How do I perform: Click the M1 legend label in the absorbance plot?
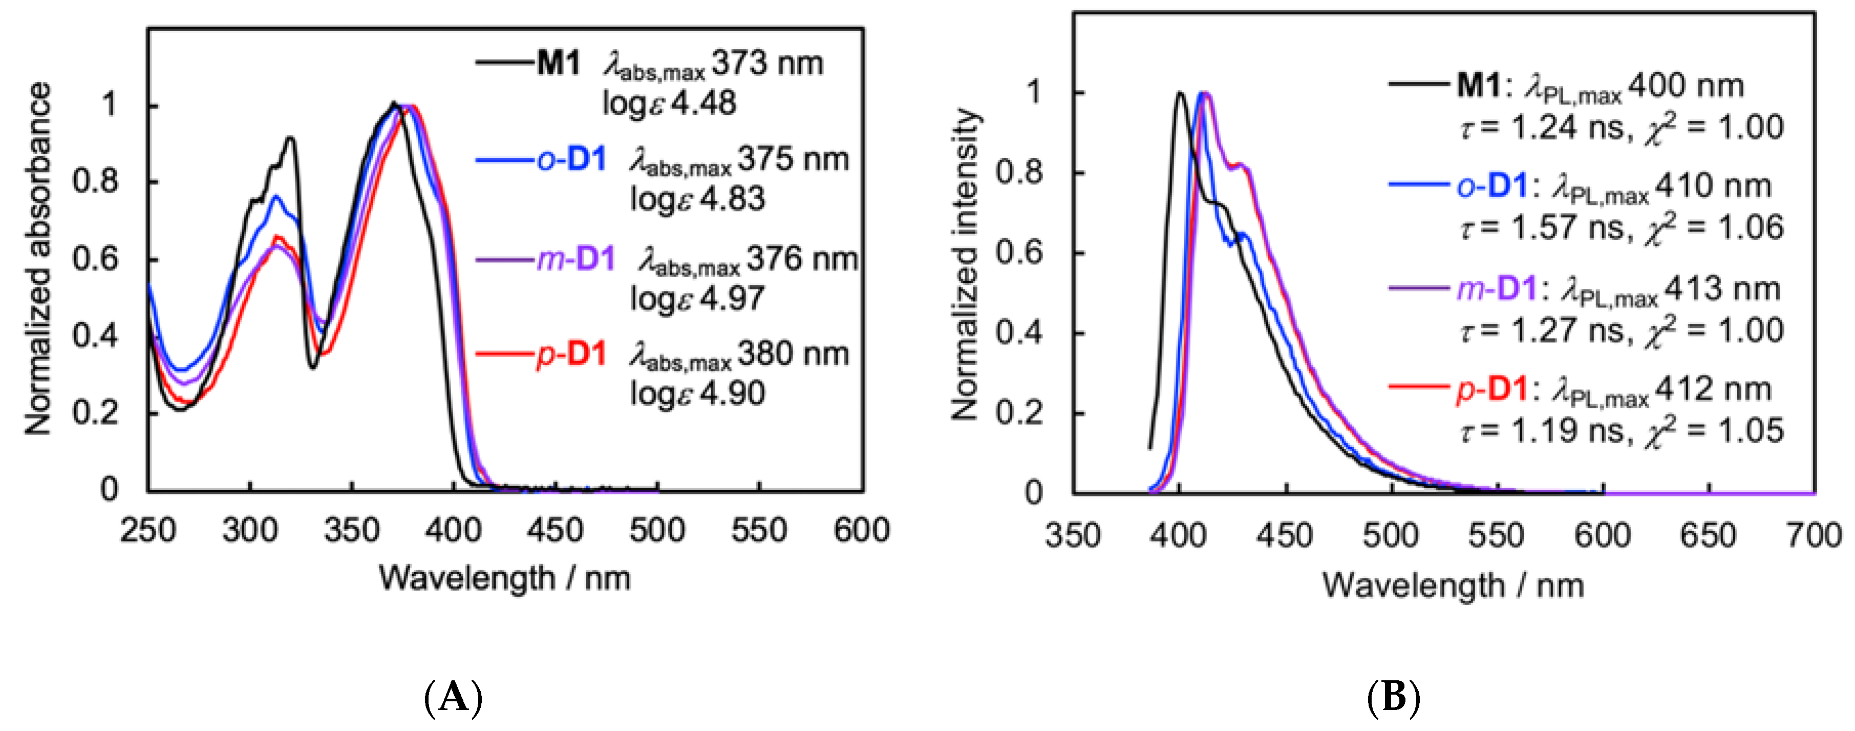click(x=559, y=64)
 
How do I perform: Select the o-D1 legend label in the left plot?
click(x=572, y=159)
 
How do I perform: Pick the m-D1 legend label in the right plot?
click(x=1497, y=289)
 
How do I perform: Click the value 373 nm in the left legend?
click(x=767, y=64)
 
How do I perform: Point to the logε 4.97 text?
click(x=696, y=298)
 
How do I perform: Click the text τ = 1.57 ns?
click(x=1541, y=227)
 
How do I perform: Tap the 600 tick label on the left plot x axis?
click(x=861, y=530)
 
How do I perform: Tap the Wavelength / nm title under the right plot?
click(x=1453, y=586)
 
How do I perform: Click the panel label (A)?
click(x=454, y=697)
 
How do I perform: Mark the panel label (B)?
click(x=1393, y=697)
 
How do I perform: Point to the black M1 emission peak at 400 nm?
click(x=1180, y=94)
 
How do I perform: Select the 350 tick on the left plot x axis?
click(x=351, y=530)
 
